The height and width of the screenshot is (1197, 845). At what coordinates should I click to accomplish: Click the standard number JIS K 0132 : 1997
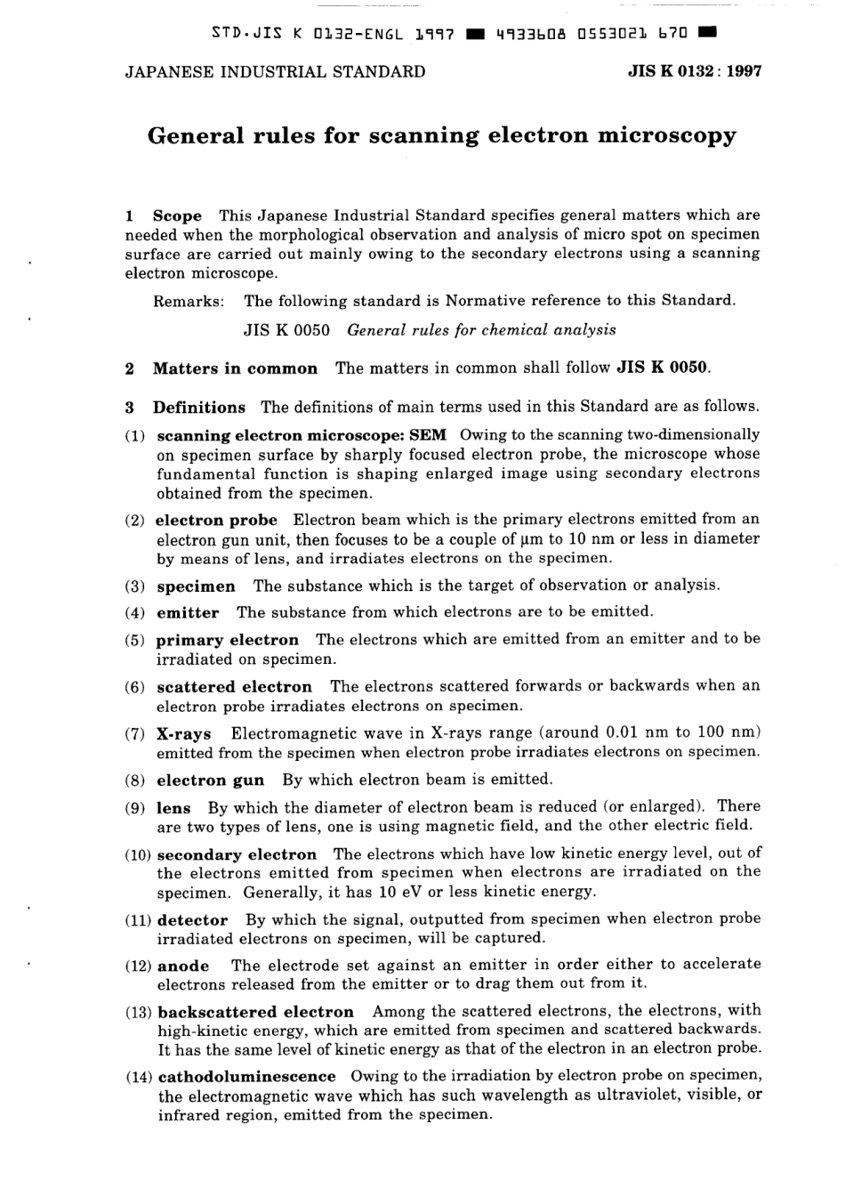(695, 71)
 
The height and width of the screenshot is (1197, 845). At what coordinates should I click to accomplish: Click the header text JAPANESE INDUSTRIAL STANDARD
(275, 71)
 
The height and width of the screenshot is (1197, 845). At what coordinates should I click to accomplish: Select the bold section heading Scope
(177, 215)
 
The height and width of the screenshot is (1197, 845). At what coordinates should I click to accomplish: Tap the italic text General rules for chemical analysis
(481, 330)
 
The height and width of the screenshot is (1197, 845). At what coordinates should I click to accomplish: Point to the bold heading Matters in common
(235, 368)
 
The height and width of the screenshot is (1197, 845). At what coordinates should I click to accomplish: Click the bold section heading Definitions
(198, 408)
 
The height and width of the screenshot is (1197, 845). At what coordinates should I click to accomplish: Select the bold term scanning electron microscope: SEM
(302, 435)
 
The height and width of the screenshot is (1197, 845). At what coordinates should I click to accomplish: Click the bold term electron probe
(216, 520)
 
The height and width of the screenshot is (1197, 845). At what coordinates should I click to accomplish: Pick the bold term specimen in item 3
(196, 586)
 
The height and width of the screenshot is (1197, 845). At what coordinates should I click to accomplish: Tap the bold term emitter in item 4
(188, 613)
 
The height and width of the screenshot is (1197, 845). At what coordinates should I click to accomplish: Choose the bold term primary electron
(227, 640)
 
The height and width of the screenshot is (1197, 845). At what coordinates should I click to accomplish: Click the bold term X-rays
(183, 734)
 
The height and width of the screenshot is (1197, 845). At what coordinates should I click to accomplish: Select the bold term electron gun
(210, 780)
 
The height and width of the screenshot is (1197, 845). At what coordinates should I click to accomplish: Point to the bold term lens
(173, 808)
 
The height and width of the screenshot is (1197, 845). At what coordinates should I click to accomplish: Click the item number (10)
(138, 855)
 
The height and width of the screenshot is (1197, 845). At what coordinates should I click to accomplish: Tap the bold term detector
(192, 920)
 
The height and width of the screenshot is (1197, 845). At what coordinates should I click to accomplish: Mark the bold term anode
(183, 966)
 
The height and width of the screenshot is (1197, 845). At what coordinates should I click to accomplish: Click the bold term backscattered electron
(255, 1012)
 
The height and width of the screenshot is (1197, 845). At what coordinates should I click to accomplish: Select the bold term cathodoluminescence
(246, 1077)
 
